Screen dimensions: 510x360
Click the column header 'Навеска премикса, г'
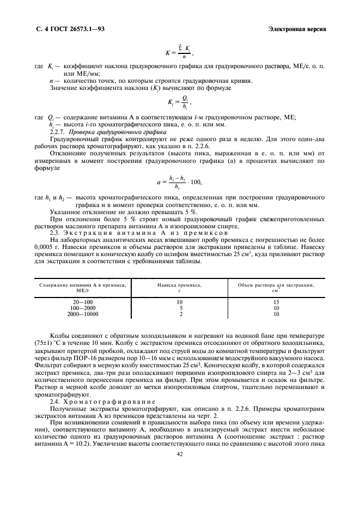(179, 287)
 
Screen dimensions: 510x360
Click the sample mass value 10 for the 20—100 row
(179, 302)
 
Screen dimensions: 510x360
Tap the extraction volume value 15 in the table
(276, 302)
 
